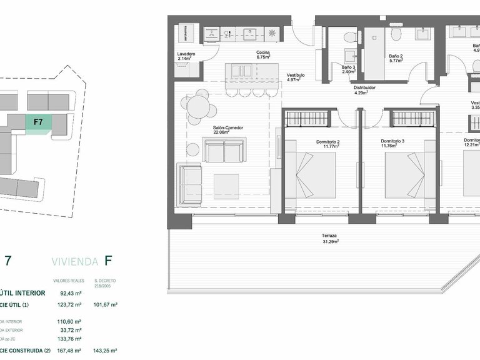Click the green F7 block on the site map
point(38,123)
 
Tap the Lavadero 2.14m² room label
point(186,56)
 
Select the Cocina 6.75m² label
point(263,54)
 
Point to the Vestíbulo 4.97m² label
point(295,77)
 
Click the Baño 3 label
point(348,69)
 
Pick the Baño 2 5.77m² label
point(396,58)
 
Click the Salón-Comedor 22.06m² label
point(227,130)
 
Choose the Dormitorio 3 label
point(393,144)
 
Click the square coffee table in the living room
point(226,186)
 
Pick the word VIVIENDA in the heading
point(74,260)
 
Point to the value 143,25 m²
point(105,351)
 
